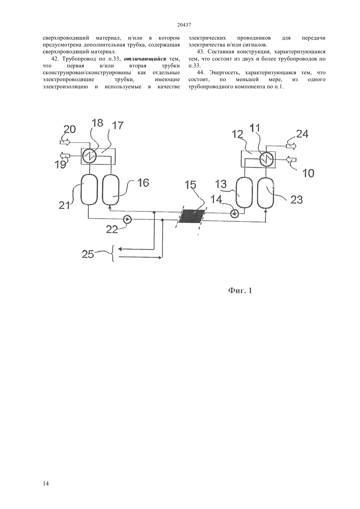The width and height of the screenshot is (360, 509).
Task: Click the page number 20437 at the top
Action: click(x=184, y=25)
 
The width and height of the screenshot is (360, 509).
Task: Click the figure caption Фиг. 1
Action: click(x=240, y=290)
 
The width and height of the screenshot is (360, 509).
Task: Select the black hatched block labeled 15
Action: click(x=191, y=216)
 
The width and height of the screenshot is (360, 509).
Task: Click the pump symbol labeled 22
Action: click(x=127, y=219)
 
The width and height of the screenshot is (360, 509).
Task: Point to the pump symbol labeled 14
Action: click(x=235, y=214)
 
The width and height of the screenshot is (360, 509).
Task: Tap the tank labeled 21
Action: click(x=89, y=189)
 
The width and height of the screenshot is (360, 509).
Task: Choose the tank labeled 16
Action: click(x=111, y=189)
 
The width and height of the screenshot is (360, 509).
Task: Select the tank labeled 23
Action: click(x=265, y=192)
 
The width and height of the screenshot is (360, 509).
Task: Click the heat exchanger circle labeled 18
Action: click(x=90, y=156)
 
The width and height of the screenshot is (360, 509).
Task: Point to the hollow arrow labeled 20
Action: click(x=65, y=143)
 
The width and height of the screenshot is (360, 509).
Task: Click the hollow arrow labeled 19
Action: click(x=65, y=156)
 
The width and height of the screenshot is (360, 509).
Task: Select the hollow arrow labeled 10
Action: click(x=291, y=160)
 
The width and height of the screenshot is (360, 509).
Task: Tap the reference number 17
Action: click(x=117, y=126)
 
